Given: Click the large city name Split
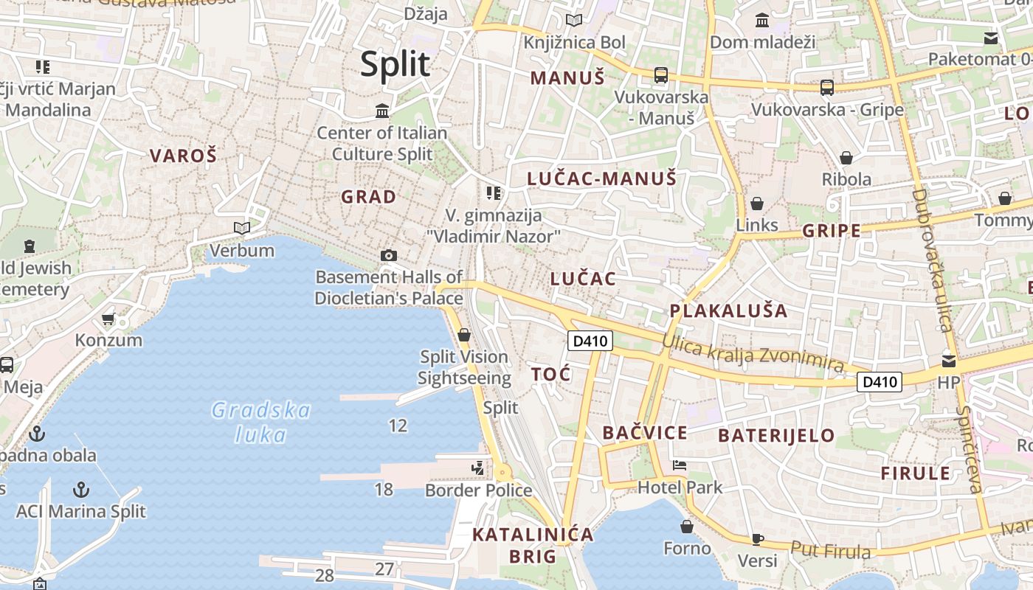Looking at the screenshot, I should click(395, 65).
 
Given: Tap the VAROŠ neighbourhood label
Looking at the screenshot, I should click(184, 156).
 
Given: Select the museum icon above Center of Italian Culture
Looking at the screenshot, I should click(382, 111).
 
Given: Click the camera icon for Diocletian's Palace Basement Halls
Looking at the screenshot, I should click(389, 255).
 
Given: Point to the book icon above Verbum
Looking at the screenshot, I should click(242, 228).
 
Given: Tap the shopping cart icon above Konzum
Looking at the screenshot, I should click(108, 319).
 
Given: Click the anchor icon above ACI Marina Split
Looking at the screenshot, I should click(81, 489).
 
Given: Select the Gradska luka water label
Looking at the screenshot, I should click(260, 422).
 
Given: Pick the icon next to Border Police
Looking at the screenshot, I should click(478, 468).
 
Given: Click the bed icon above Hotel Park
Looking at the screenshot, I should click(680, 465).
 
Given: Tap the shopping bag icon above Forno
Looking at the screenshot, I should click(687, 527).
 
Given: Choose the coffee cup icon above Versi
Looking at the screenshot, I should click(757, 539).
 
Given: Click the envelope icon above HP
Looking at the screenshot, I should click(948, 361).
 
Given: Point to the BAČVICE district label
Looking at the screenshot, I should click(645, 433).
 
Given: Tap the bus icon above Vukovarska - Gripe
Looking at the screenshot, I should click(827, 88).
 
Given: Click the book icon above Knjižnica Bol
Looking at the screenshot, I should click(574, 21).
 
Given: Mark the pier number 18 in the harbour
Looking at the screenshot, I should click(384, 489).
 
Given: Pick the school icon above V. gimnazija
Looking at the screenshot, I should click(494, 193).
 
